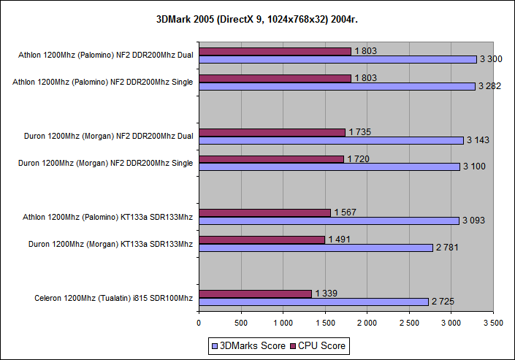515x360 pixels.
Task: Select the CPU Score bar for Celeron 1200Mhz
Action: tap(255, 294)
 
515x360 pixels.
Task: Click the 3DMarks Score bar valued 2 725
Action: tap(313, 302)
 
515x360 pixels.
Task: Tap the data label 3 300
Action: tap(490, 59)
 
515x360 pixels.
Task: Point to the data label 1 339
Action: tap(327, 294)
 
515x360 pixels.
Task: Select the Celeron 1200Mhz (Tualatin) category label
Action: tap(113, 298)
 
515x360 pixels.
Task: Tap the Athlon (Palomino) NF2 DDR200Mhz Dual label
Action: tap(107, 55)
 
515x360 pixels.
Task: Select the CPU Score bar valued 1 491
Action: tap(262, 240)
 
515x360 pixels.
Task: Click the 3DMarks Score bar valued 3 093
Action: tap(329, 221)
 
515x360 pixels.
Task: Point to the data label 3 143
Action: tap(477, 140)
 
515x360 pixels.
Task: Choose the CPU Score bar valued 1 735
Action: tap(272, 132)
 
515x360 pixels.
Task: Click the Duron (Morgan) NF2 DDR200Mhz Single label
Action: tap(105, 163)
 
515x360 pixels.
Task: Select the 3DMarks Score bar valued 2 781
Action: tap(316, 248)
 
